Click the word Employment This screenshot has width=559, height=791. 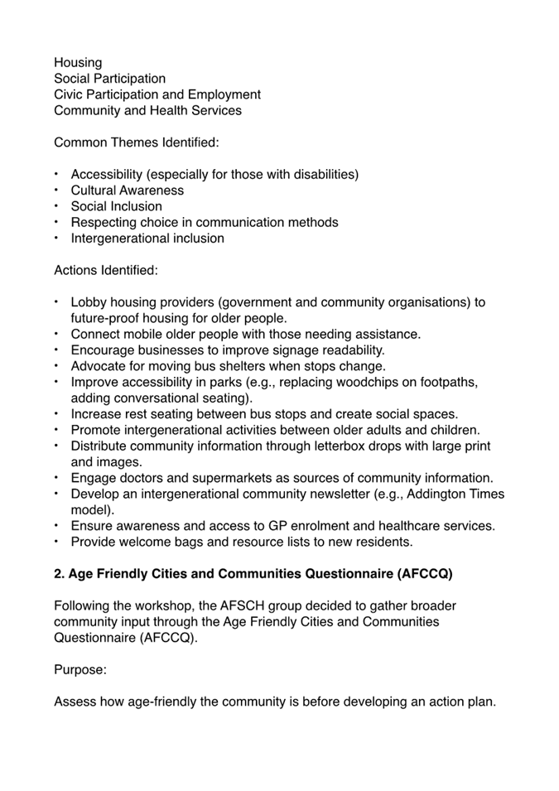pos(224,94)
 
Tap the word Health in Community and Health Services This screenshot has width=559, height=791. pos(168,110)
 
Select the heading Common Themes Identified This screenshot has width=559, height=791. pos(137,142)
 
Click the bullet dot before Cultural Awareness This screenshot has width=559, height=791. pos(57,190)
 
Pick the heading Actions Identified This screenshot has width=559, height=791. pos(105,270)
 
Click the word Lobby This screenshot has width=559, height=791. pos(89,302)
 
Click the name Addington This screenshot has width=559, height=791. pos(436,494)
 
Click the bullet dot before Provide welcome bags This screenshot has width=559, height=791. pos(57,542)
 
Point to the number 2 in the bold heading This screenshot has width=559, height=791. pos(59,574)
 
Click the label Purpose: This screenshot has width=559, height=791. pos(80,669)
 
